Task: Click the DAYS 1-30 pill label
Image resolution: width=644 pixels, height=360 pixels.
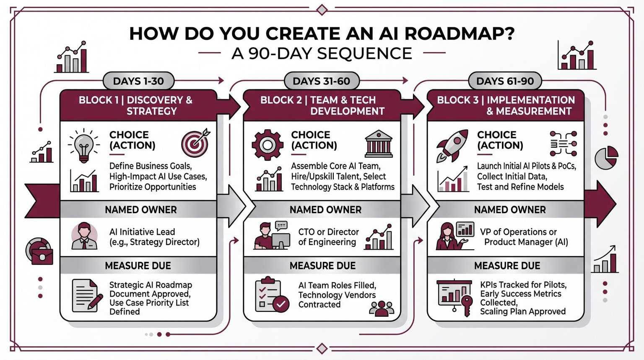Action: [x=139, y=81]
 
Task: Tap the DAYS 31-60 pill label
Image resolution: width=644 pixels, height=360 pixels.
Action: [x=322, y=81]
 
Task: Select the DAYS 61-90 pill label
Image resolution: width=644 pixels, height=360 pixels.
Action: [x=505, y=81]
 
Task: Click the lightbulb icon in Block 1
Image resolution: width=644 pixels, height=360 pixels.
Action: [x=84, y=146]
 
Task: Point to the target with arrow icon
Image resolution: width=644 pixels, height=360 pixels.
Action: [x=195, y=142]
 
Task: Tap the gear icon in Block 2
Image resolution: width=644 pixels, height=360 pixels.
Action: [x=267, y=145]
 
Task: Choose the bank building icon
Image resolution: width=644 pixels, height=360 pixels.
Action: [x=379, y=143]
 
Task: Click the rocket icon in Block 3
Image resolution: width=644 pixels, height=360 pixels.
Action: [x=452, y=146]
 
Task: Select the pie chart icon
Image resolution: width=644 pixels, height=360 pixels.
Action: [x=606, y=158]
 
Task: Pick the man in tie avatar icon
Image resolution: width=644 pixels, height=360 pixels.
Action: [x=84, y=236]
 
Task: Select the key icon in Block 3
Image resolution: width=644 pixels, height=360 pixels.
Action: [x=466, y=305]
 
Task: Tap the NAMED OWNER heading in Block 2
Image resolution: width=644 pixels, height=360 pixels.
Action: [x=325, y=209]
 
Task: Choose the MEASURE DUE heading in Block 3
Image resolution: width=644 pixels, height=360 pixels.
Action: [x=507, y=265]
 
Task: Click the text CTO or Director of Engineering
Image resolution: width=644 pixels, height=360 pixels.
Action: [x=329, y=237]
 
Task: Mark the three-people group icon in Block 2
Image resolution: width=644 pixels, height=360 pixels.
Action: [x=381, y=308]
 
